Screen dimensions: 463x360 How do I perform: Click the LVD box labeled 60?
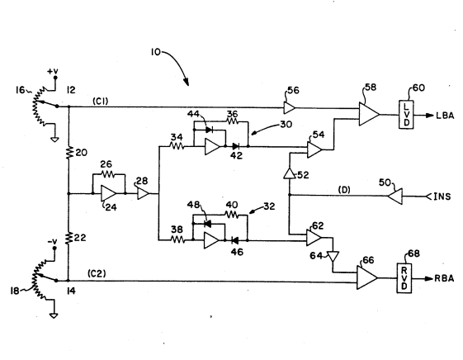click(x=406, y=115)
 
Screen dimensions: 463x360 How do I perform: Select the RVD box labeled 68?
click(x=404, y=278)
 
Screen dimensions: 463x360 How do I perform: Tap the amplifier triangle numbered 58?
click(x=369, y=114)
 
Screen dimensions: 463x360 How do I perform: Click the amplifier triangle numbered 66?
click(x=367, y=277)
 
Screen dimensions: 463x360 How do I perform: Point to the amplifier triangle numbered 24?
click(x=108, y=193)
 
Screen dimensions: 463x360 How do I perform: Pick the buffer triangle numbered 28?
click(x=144, y=194)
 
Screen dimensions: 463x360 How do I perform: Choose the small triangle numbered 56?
click(x=290, y=108)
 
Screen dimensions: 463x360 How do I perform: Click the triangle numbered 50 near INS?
click(x=395, y=196)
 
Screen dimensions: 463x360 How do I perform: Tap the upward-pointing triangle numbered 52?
click(x=290, y=173)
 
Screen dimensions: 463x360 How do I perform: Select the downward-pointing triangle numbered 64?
click(x=333, y=256)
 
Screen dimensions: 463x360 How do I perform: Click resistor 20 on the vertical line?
click(x=69, y=153)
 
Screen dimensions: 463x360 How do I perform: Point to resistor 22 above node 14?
click(x=69, y=238)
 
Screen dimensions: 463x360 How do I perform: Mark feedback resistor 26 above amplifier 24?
click(x=108, y=174)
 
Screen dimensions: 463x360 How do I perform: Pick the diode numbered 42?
click(x=236, y=146)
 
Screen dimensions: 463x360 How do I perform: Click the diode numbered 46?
click(x=235, y=241)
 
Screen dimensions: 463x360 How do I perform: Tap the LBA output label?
click(x=445, y=116)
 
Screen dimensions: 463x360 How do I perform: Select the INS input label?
click(x=442, y=197)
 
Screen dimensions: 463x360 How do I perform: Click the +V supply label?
click(x=53, y=71)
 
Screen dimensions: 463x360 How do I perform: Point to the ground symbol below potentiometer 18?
click(x=54, y=315)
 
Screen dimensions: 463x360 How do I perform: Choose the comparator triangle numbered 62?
click(x=314, y=238)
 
